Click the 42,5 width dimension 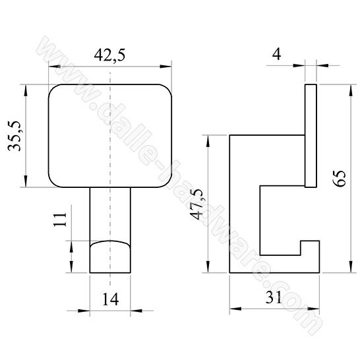[x=109, y=56]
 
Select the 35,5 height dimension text [x=15, y=136]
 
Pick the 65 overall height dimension [x=340, y=178]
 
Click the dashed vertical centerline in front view [x=111, y=165]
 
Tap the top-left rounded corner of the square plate [x=54, y=89]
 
